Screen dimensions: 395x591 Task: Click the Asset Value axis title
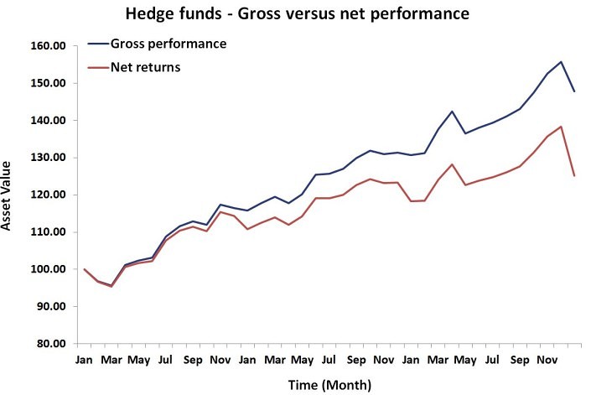[x=11, y=196]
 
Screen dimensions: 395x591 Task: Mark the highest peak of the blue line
[x=560, y=62]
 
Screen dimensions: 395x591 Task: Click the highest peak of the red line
[x=560, y=127]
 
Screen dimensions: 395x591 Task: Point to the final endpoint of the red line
[x=573, y=176]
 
